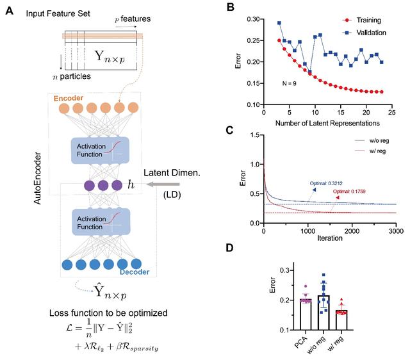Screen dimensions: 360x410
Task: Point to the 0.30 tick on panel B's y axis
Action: click(x=253, y=20)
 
